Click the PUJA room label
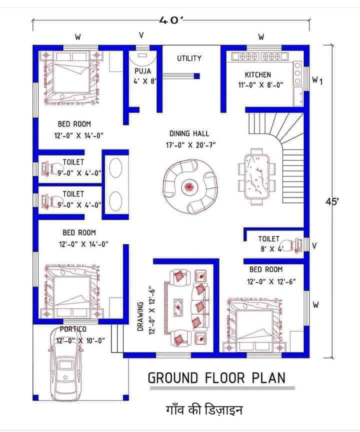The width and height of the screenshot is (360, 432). pos(142,71)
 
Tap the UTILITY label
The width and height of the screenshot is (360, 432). pos(189,58)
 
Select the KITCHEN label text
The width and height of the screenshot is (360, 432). pos(258,74)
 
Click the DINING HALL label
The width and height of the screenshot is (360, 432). pos(189,133)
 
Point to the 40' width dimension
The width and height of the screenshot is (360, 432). pos(171,20)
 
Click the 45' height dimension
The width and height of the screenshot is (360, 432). pos(332,201)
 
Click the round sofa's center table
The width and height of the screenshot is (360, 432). pos(188,187)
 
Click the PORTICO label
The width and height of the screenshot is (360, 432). pos(73,329)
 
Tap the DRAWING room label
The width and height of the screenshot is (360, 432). pos(140,316)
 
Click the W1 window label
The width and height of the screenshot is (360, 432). pos(317,80)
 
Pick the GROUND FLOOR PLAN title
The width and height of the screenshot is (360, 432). pos(217,377)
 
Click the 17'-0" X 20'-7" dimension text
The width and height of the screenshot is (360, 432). pos(190,145)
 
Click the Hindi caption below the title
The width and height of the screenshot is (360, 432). pos(204,409)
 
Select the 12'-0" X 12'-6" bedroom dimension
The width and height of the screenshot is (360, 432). pos(271,281)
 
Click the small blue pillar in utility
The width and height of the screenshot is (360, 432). pos(196,76)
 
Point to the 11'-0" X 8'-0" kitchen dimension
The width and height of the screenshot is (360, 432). pos(260,85)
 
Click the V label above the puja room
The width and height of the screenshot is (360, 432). pos(141,35)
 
